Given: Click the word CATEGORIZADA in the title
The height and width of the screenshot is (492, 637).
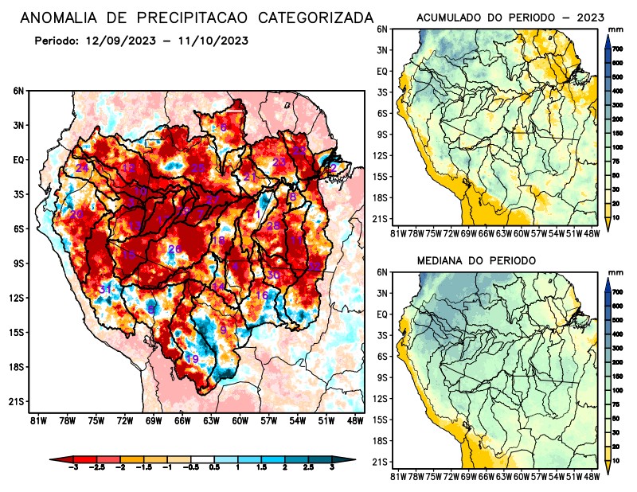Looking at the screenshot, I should click(x=309, y=18).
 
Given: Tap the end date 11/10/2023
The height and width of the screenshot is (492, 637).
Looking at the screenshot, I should click(x=209, y=41).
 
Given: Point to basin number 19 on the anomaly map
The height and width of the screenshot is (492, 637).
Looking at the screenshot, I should click(x=192, y=359).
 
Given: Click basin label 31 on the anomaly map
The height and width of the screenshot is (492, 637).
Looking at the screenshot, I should click(x=105, y=289).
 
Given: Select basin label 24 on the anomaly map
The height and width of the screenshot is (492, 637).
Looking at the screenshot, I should click(x=81, y=168).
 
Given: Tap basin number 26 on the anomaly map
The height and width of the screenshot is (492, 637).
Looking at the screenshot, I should click(x=174, y=250).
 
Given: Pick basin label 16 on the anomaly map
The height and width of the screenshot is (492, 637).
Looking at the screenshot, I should click(x=261, y=295).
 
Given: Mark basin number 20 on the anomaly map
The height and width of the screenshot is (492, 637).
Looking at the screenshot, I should click(x=76, y=215).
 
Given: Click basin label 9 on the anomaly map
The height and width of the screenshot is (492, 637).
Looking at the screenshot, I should click(x=224, y=330).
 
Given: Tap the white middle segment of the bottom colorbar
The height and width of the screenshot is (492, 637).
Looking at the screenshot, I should click(x=202, y=459).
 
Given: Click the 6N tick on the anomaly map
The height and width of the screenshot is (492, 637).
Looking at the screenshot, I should click(x=18, y=92).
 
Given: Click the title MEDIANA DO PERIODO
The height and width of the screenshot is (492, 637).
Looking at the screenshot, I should click(x=476, y=260).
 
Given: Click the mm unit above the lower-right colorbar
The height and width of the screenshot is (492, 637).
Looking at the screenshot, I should click(x=615, y=272).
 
